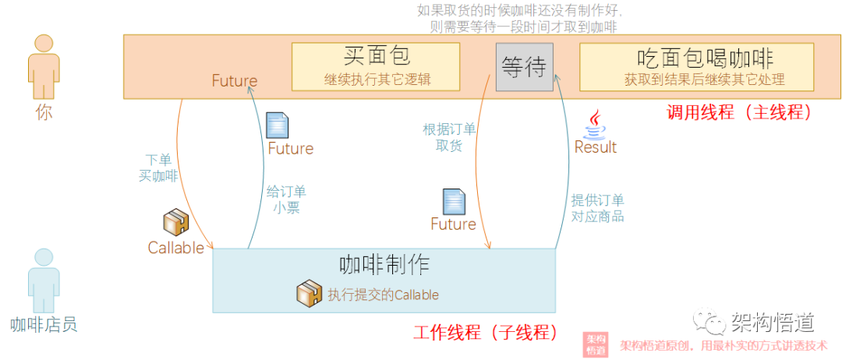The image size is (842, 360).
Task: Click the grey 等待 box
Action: [523, 67]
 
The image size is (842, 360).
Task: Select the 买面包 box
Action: [376, 65]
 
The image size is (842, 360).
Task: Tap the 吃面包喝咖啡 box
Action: [696, 65]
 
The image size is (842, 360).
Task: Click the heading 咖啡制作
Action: [384, 264]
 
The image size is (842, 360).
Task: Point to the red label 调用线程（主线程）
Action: [739, 112]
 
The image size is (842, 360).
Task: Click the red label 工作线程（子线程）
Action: [484, 333]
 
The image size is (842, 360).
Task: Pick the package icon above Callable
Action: [175, 223]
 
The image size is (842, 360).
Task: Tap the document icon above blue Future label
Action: [278, 125]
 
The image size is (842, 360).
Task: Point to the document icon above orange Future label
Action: [454, 201]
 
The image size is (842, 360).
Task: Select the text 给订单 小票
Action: [286, 199]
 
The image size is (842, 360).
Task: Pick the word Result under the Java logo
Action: [596, 147]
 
